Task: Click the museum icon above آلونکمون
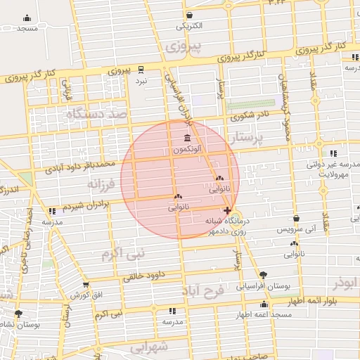click(x=186, y=138)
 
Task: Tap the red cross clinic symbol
click(x=226, y=210)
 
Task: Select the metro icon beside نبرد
click(x=141, y=69)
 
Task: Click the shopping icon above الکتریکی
click(x=189, y=15)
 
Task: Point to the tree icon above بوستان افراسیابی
click(x=263, y=275)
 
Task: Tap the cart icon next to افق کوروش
click(x=86, y=285)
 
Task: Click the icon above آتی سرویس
click(x=296, y=219)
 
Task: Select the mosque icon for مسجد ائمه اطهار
click(x=264, y=304)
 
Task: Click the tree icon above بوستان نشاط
click(x=18, y=314)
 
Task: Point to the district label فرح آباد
click(x=203, y=290)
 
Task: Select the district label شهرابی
click(x=150, y=347)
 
